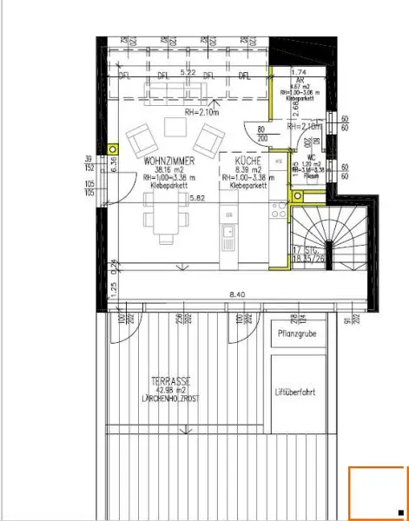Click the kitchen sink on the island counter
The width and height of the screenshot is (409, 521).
tap(228, 233)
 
